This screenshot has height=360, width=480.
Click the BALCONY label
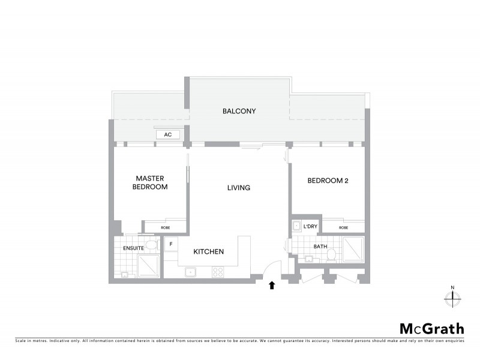[x=239, y=111]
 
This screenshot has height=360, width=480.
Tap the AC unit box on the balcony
[x=168, y=135]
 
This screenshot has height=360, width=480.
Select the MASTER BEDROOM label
[x=151, y=182]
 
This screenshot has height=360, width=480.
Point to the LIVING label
[x=238, y=188]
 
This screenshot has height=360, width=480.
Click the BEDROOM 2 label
[x=328, y=180]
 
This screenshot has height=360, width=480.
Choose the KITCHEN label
[x=208, y=252]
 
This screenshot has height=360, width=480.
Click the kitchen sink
[x=191, y=272]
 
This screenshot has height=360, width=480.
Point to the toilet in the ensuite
[x=151, y=244]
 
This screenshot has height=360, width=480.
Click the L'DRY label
[x=310, y=226]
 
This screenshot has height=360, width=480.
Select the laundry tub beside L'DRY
[x=297, y=226]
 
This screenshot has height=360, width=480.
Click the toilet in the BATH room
[x=331, y=254]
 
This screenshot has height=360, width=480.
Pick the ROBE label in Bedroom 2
[x=343, y=227]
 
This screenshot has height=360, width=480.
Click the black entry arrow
[x=272, y=286]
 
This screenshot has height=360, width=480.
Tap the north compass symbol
[x=453, y=297]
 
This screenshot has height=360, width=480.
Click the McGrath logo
[x=431, y=328]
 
